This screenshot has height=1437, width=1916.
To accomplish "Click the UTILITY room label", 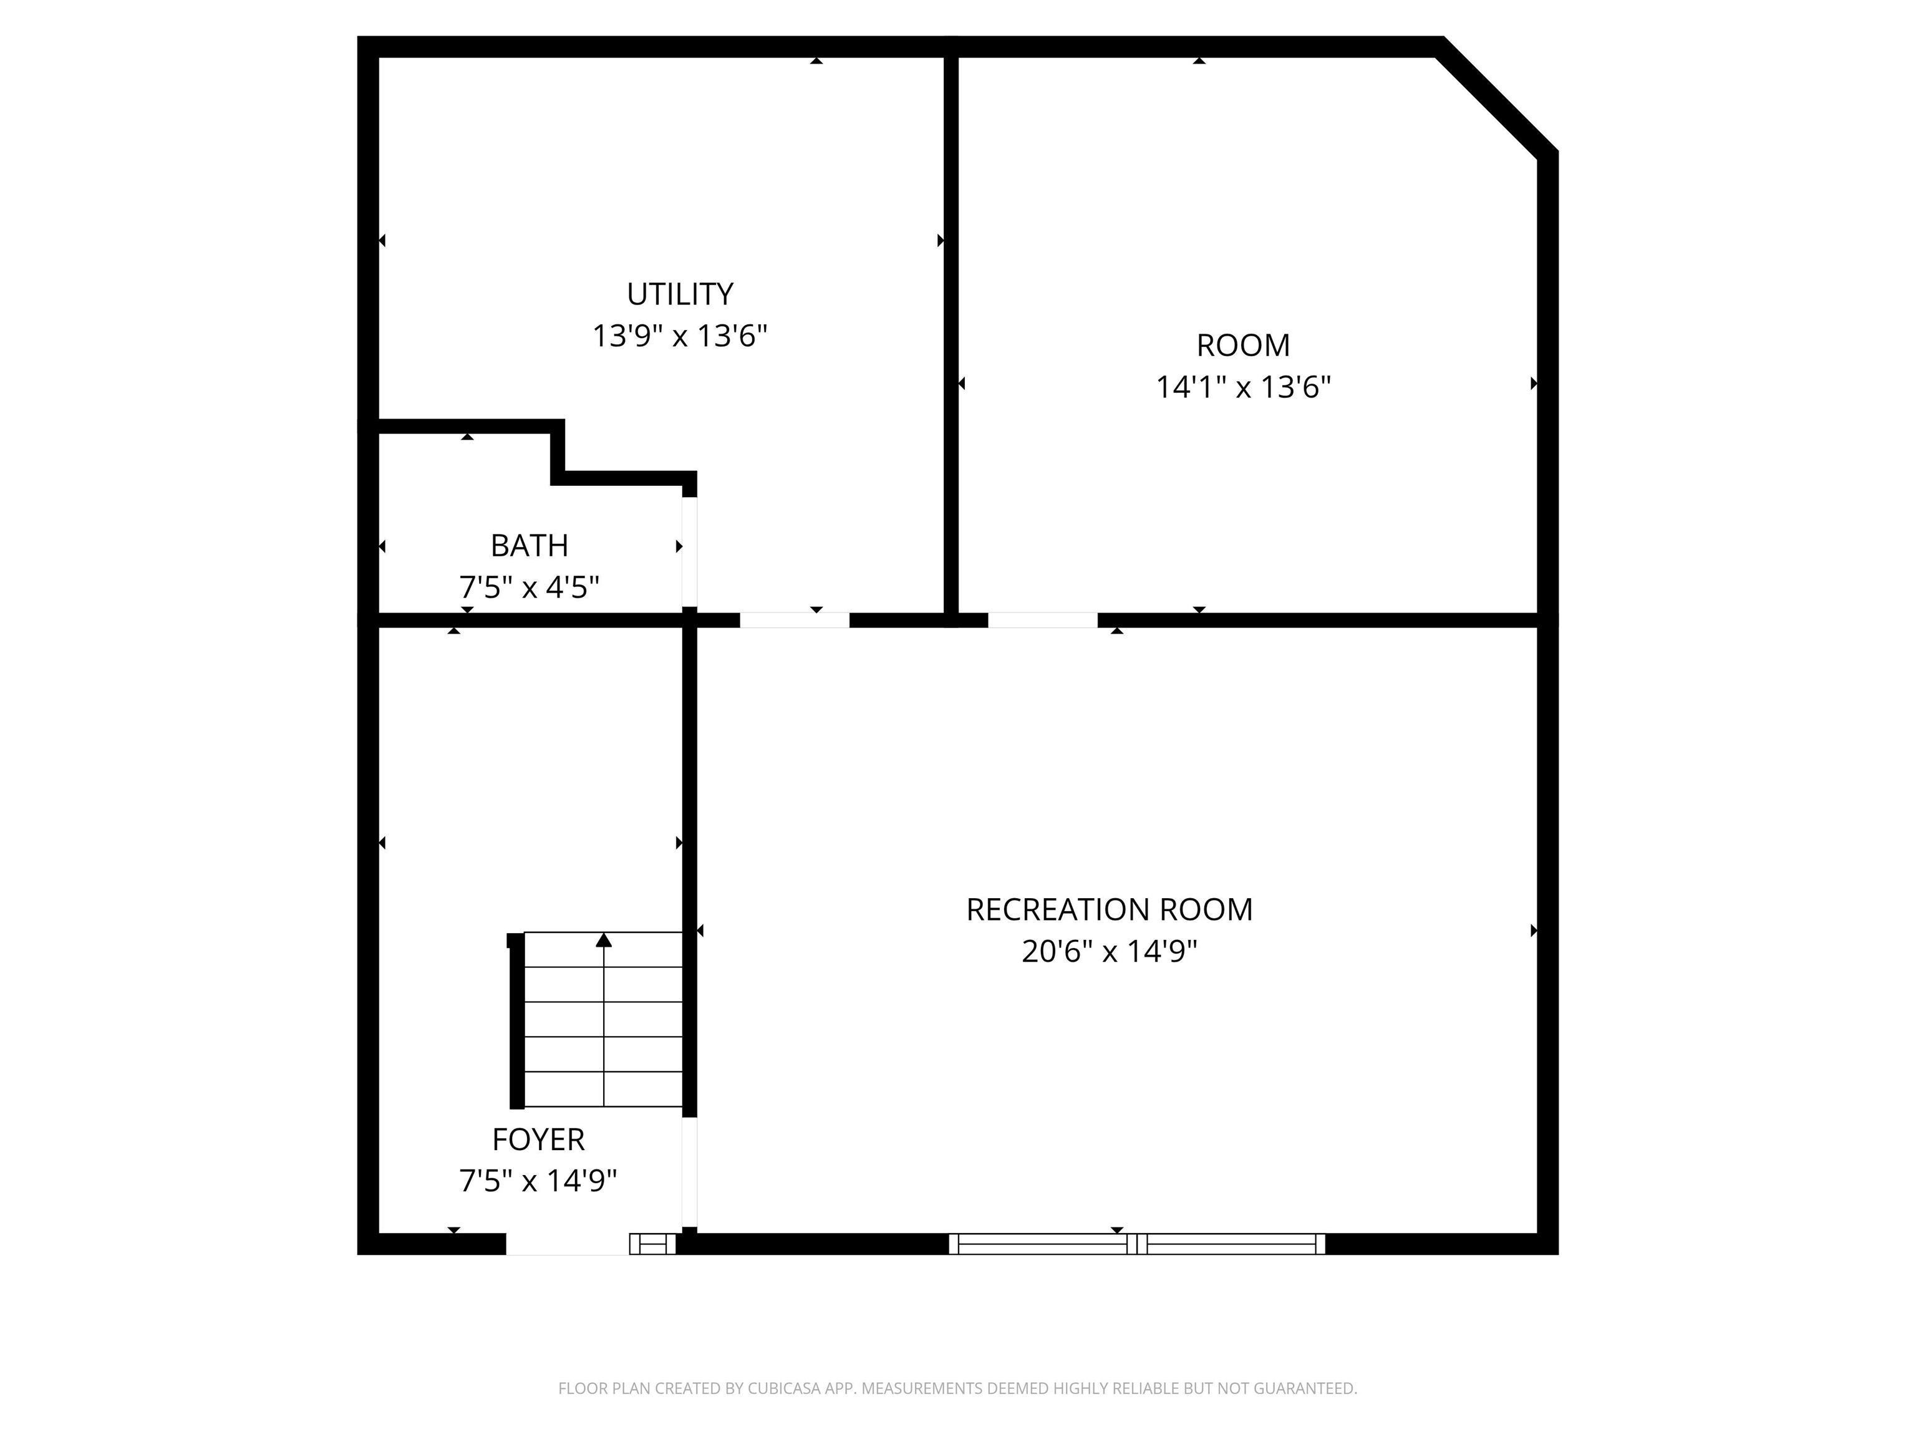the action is pos(680,294).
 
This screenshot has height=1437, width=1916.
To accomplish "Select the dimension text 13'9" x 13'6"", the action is pos(680,336).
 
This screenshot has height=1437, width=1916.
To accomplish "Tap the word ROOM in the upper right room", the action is pos(1243,346).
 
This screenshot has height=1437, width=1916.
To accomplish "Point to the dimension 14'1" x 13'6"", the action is pos(1243,387).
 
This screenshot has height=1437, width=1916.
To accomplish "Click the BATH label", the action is pos(530,546).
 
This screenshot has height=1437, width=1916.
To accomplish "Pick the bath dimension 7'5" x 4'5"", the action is pos(530,588).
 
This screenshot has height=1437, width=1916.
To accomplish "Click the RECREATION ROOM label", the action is pos(1110,909).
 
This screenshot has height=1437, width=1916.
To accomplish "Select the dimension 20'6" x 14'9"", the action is pos(1110,951).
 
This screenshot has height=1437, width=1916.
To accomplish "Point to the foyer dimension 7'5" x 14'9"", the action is pos(538,1181).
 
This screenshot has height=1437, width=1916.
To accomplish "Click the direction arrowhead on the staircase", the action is pos(604,940).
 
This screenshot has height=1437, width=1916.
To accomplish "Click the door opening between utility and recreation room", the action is pos(795,620).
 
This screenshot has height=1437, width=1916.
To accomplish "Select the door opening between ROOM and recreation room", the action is pos(1043,620).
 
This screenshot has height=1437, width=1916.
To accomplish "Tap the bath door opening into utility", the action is pos(689,552).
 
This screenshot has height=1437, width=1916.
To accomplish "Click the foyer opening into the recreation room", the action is pos(689,1172).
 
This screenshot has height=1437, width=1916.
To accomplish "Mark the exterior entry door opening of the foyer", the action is pos(568,1244).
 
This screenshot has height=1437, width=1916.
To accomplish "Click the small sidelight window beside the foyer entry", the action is pos(652,1244).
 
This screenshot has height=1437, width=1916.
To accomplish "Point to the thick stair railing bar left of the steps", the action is pos(516,1020).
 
